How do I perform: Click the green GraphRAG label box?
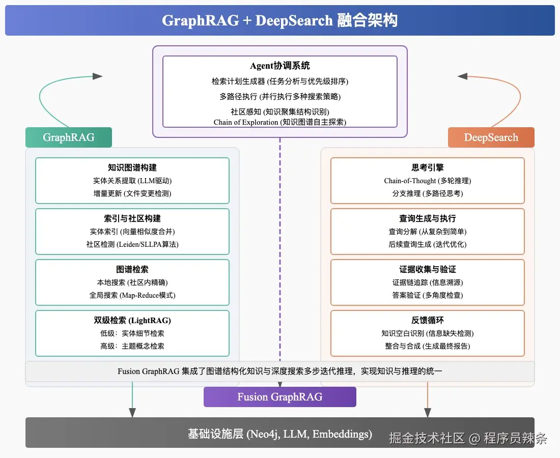[69, 137]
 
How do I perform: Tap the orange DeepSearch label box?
[491, 137]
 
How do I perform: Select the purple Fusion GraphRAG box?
[280, 397]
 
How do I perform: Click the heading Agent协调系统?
[280, 66]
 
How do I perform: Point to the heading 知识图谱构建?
[132, 167]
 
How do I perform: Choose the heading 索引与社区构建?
[132, 218]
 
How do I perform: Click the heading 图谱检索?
[132, 269]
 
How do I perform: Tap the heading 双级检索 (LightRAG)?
[132, 320]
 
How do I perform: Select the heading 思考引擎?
[428, 167]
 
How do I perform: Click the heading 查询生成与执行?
[428, 218]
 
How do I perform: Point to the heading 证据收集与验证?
[428, 269]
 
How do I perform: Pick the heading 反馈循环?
[428, 320]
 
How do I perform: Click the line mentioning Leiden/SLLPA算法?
[132, 244]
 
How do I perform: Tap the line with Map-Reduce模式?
[132, 295]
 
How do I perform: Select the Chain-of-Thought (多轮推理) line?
[428, 181]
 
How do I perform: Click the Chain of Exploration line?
[280, 122]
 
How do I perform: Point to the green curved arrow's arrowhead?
[98, 76]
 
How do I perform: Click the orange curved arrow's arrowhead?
[462, 76]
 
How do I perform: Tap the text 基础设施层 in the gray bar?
[216, 434]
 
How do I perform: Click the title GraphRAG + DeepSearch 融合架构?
[280, 20]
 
